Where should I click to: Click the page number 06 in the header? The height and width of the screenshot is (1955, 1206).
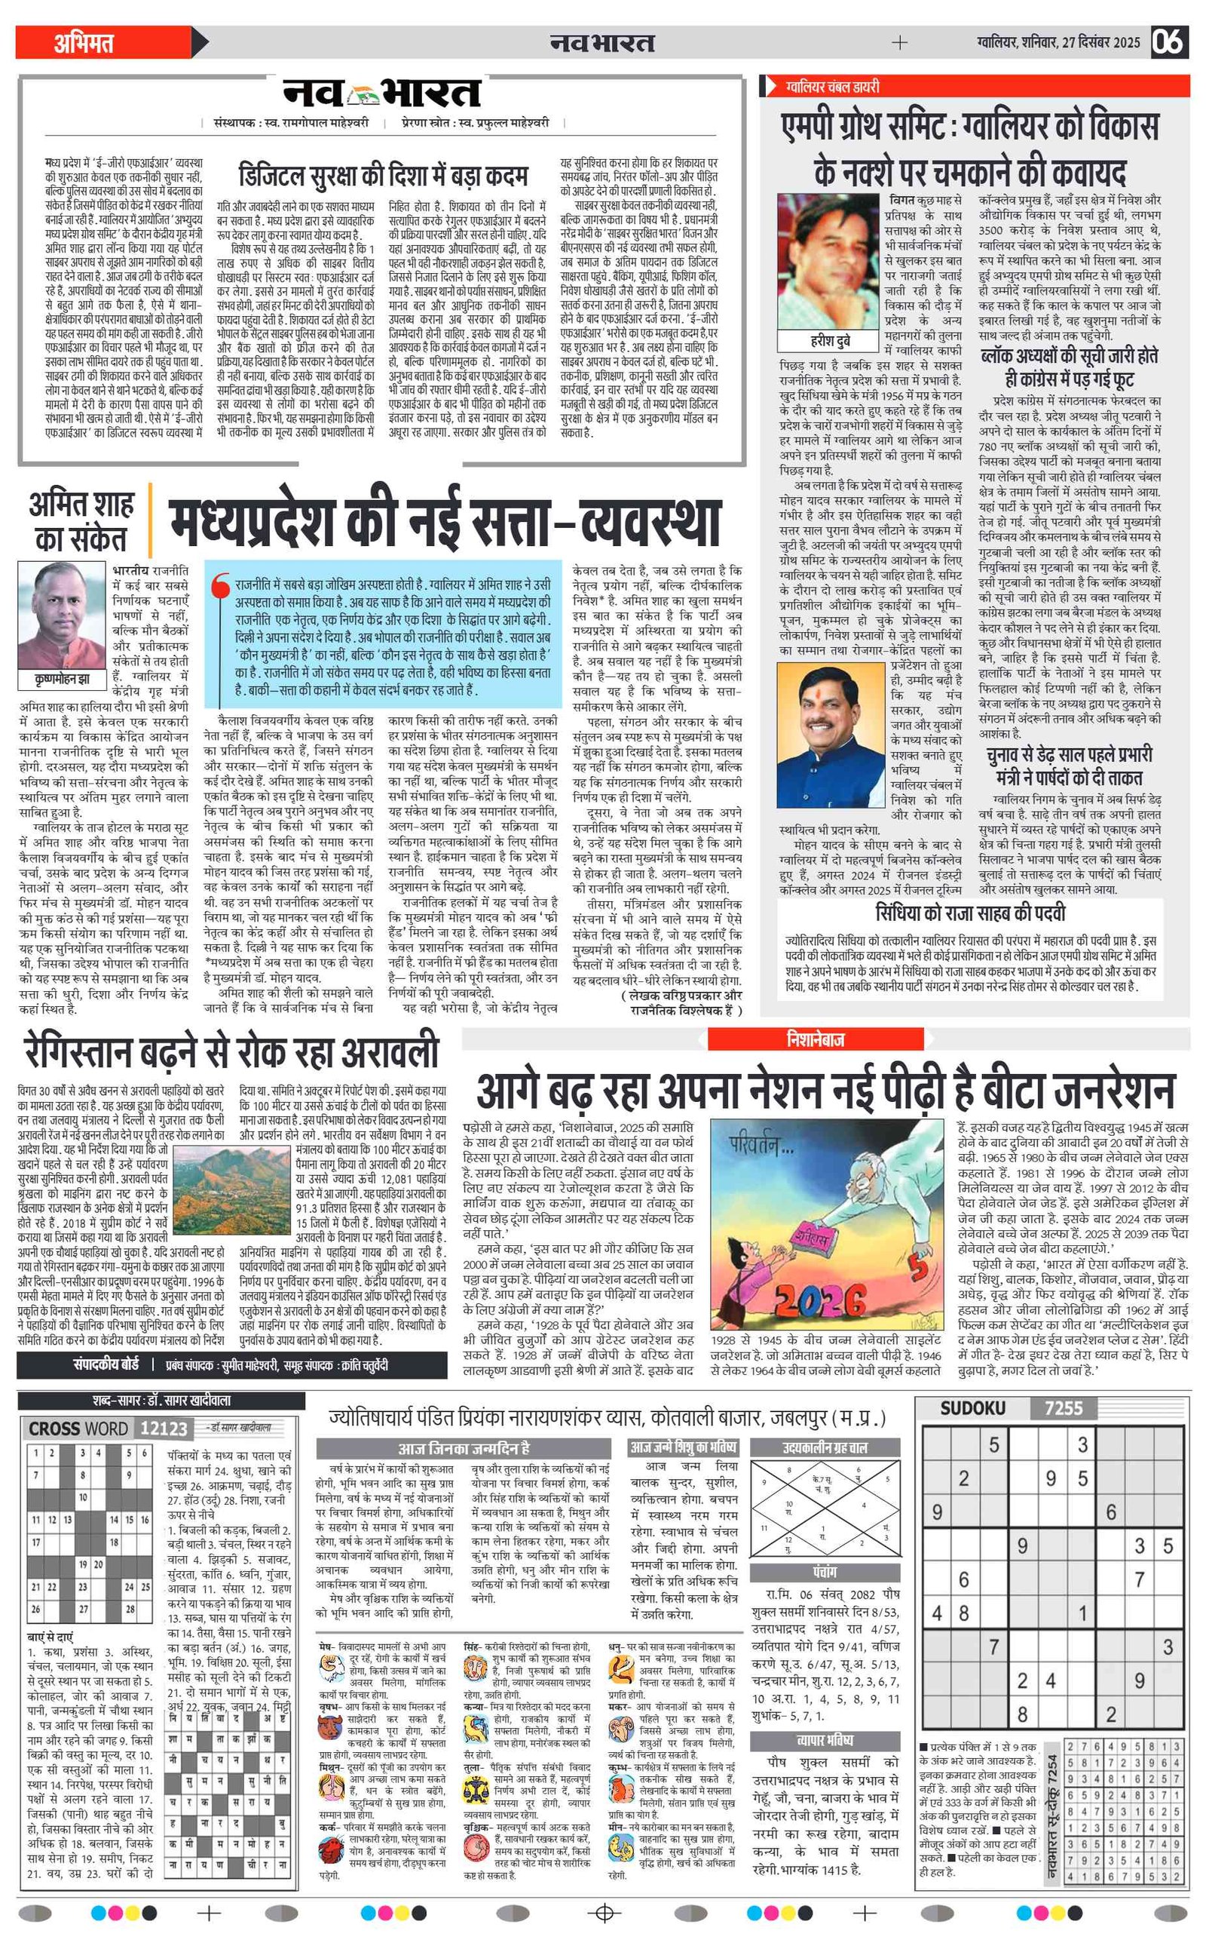tap(1169, 41)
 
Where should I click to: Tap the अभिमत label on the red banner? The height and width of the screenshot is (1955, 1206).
tap(84, 42)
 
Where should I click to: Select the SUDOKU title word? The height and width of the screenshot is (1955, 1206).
tap(972, 1407)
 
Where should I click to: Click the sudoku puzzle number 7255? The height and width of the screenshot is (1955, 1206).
tap(1064, 1407)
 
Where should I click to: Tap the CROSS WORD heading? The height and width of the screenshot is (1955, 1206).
tap(78, 1429)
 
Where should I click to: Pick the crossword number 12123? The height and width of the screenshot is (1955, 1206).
tap(164, 1429)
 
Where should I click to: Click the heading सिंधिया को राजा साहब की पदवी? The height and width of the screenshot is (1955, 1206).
tap(970, 913)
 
